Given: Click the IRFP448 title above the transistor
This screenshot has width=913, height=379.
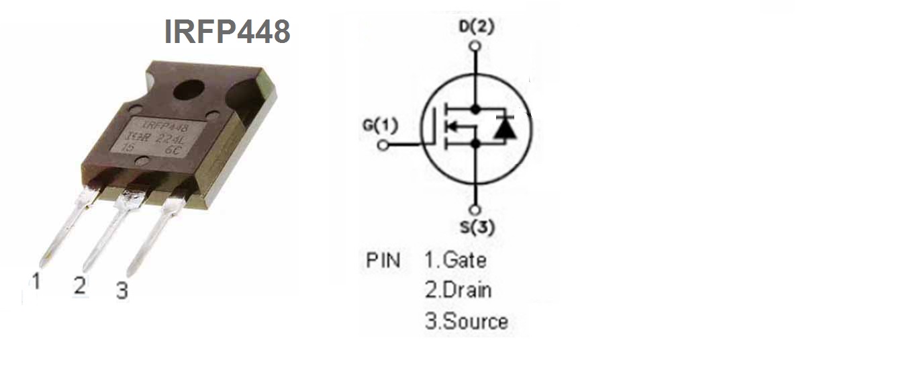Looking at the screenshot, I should coord(227,32).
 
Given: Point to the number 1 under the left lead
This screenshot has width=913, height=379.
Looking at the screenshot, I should coord(36,281).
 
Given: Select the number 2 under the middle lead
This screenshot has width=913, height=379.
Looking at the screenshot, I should coord(80,286).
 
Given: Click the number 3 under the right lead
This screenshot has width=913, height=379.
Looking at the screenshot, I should coord(122,291).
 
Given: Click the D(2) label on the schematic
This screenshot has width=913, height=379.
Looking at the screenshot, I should coord(476,27).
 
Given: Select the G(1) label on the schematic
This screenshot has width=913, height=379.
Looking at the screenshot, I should coord(380,125).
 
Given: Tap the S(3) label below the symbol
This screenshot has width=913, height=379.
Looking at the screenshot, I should coord(477,227).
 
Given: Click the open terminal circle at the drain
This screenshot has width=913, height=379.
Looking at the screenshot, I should coord(476,46).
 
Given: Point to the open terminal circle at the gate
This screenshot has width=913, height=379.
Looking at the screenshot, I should coord(383,144).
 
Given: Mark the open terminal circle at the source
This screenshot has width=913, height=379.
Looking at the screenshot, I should coord(476,209).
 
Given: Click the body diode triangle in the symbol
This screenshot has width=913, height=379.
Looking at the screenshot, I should coord(504,128).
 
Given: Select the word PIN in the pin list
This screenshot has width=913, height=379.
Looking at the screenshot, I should coord(383,260).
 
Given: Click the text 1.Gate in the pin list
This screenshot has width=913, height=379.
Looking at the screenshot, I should coord(455,259).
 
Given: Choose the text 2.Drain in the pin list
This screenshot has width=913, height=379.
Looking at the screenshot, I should coord(458,290).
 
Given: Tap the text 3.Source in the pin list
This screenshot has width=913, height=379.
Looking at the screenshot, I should coord(466,321).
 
